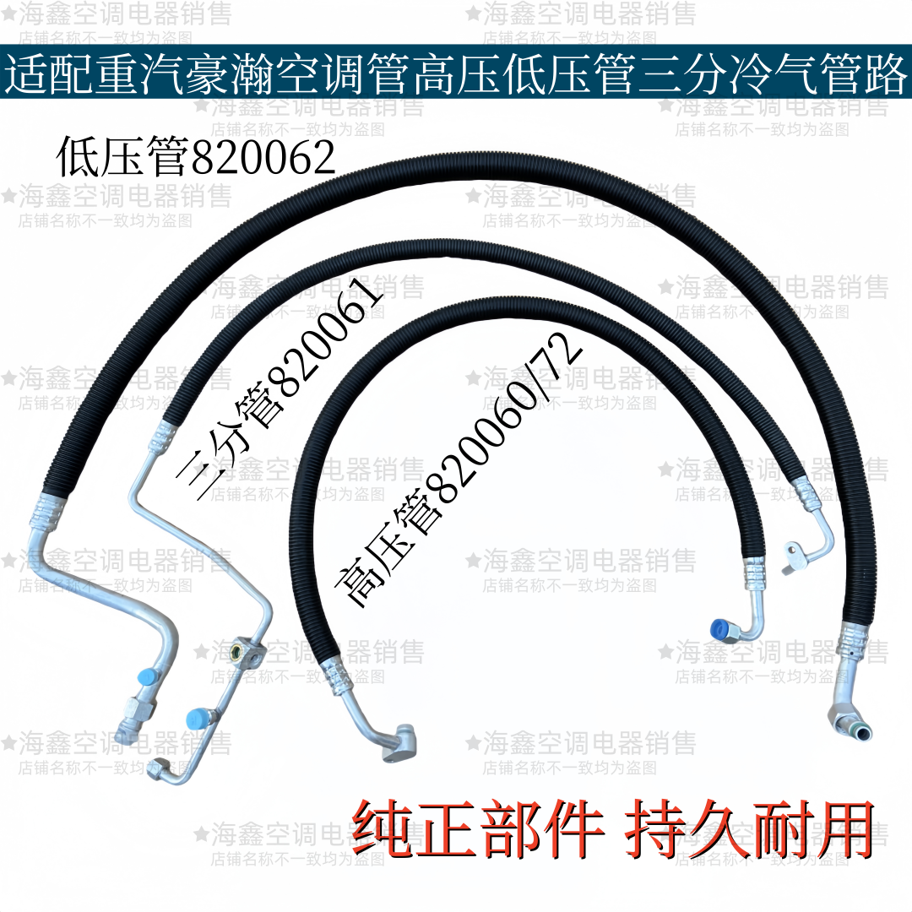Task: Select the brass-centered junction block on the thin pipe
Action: pos(239,652)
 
